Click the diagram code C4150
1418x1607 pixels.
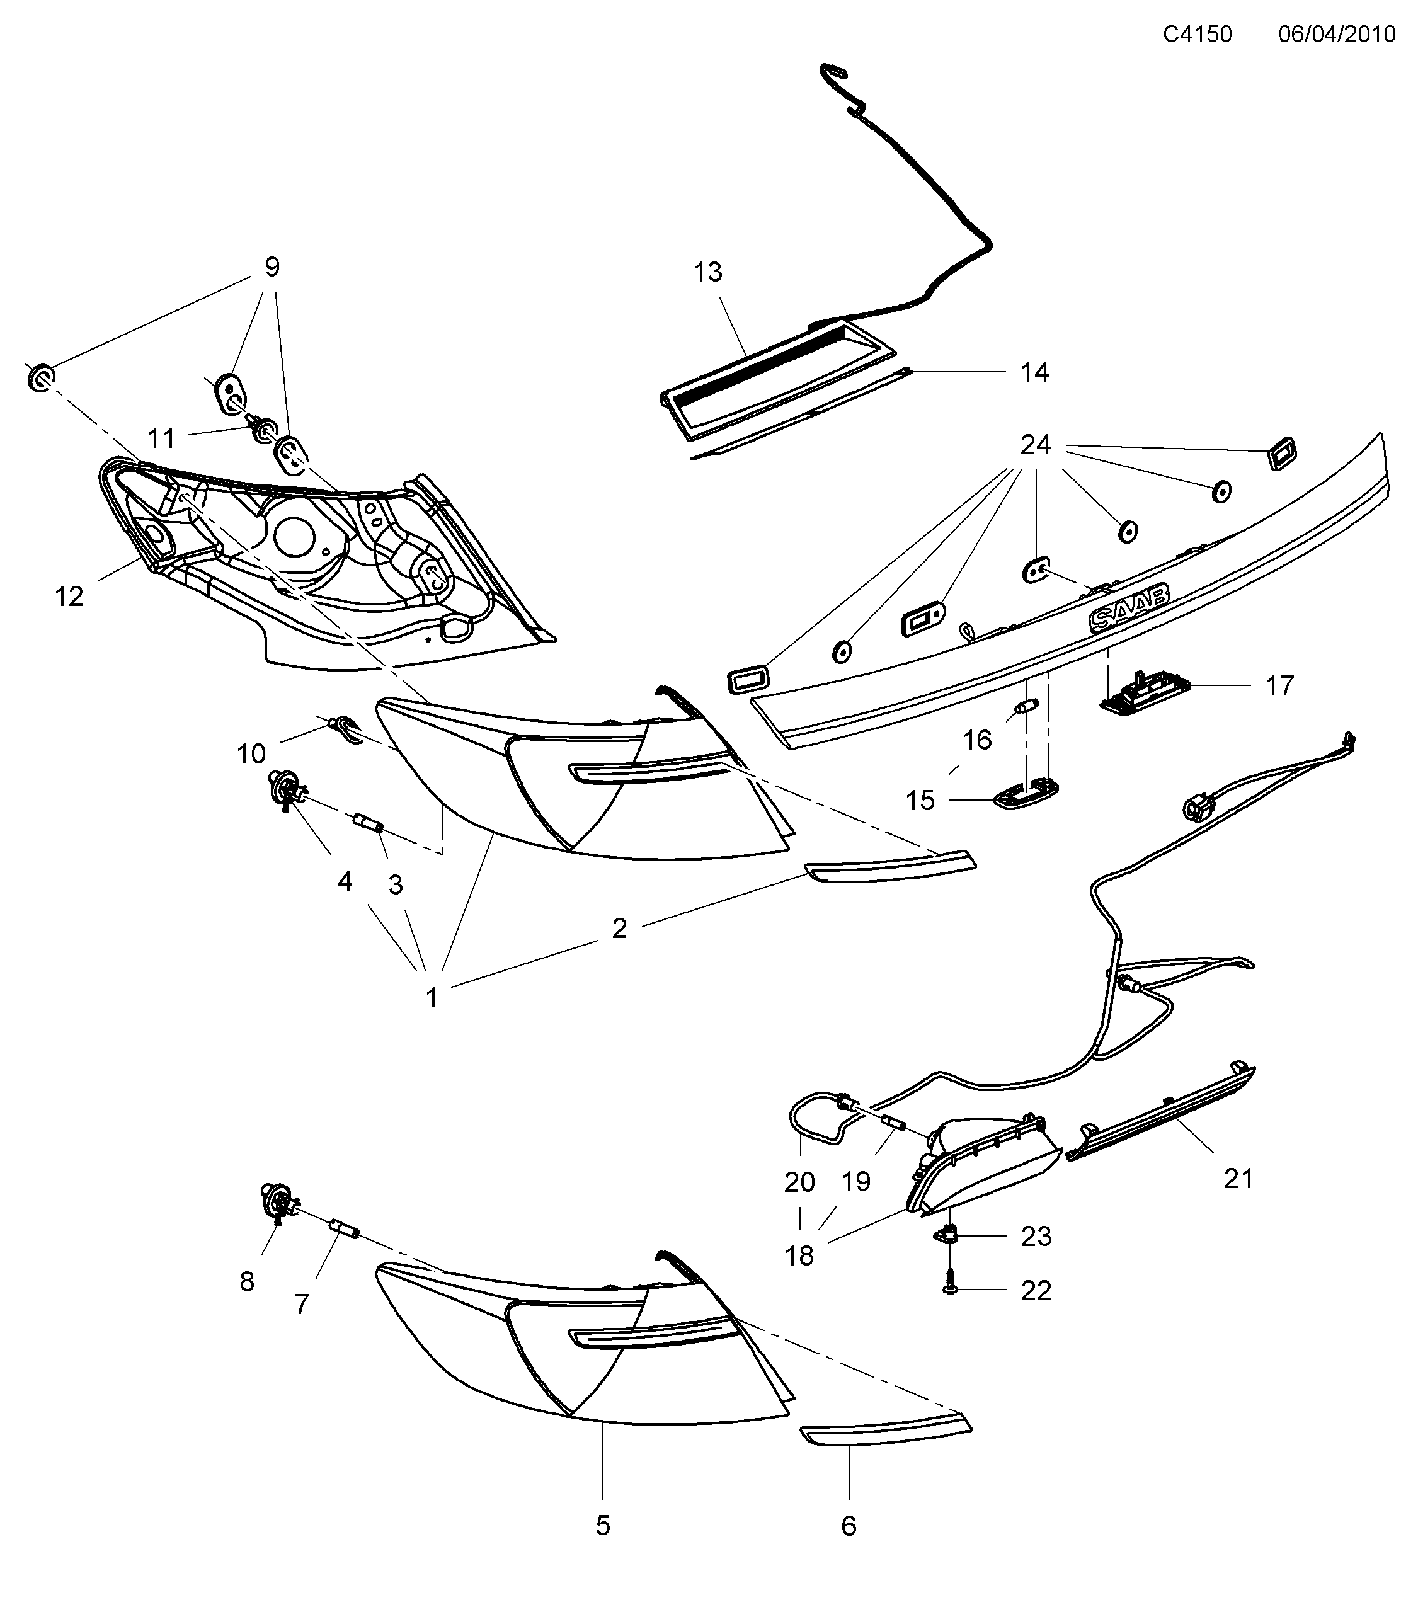click(x=1197, y=34)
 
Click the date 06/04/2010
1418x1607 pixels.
click(x=1336, y=34)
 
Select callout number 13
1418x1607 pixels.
click(x=707, y=272)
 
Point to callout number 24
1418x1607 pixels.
click(x=1034, y=445)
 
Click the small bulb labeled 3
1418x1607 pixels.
click(x=369, y=824)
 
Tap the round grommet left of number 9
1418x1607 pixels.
click(x=41, y=378)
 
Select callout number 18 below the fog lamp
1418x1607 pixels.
click(x=799, y=1255)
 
